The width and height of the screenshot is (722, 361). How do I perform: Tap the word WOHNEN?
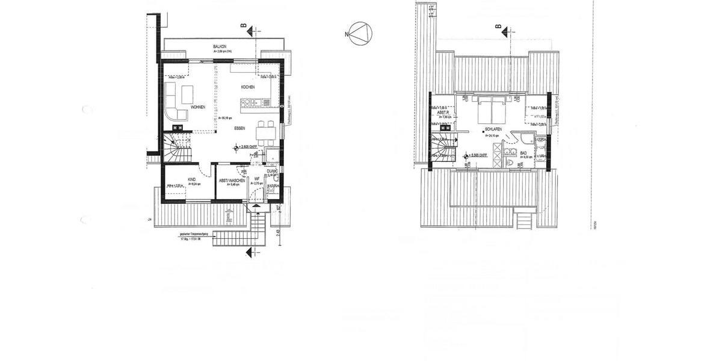[198, 107]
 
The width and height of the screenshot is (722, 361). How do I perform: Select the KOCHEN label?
[248, 87]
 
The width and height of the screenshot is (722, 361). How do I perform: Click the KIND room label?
[192, 179]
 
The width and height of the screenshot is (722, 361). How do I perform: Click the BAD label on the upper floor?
[523, 153]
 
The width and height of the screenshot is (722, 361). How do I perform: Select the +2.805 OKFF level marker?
[252, 147]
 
